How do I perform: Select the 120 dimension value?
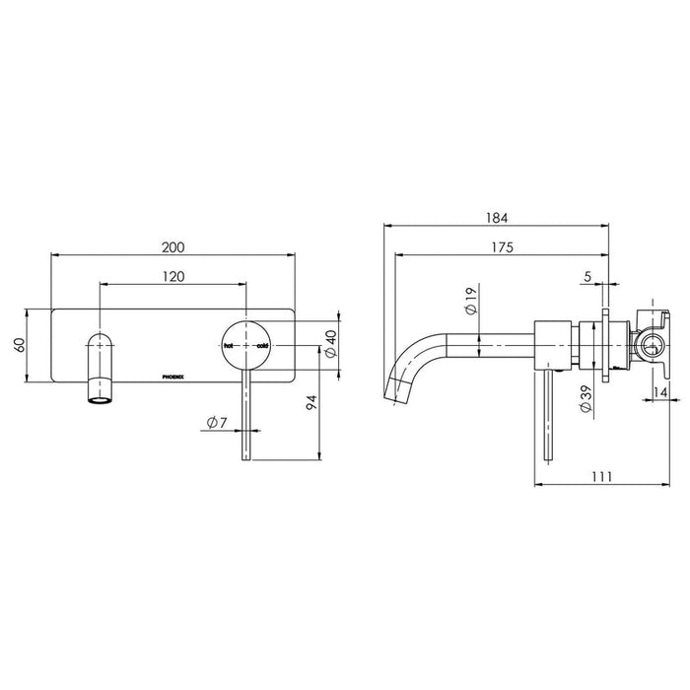point(172,277)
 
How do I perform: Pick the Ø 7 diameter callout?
point(219,423)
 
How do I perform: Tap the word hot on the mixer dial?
point(229,347)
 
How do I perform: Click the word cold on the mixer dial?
point(262,347)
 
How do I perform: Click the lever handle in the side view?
point(546,414)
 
